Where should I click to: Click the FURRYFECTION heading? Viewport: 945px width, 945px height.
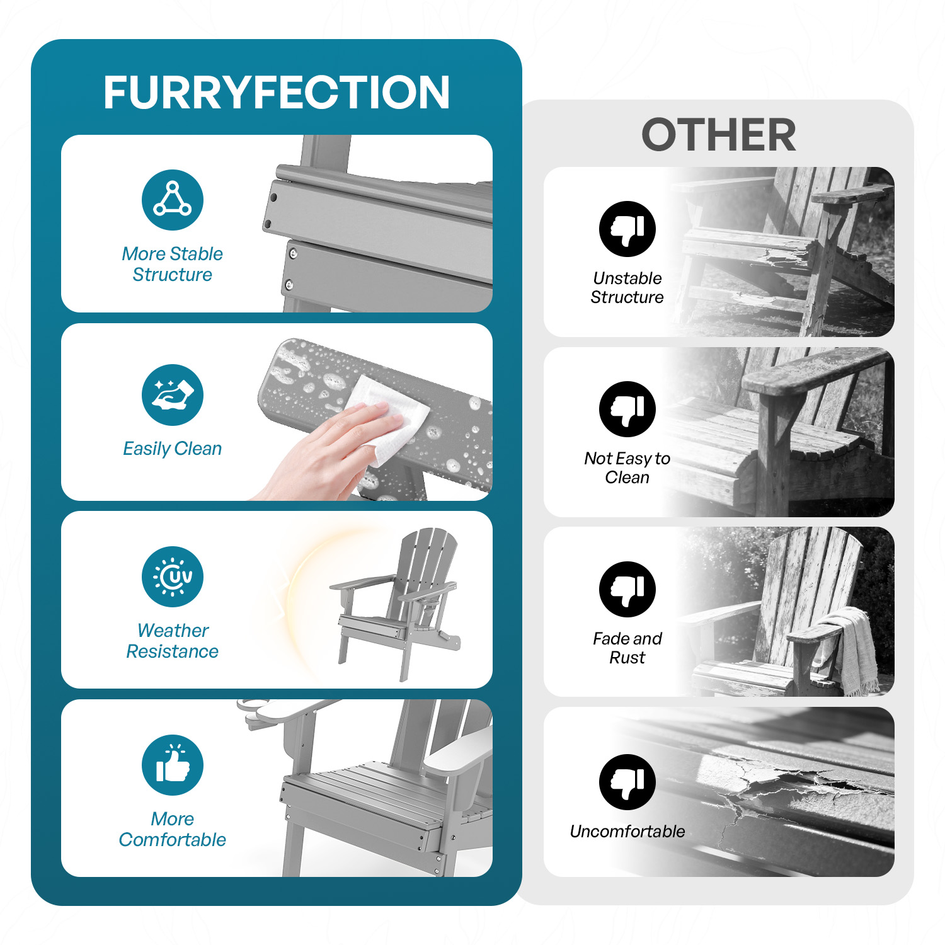(277, 93)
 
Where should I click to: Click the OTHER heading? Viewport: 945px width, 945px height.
(719, 135)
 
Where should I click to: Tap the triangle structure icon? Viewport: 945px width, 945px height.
(173, 200)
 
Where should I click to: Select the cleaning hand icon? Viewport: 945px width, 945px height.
(173, 395)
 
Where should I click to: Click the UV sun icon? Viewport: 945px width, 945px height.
(173, 576)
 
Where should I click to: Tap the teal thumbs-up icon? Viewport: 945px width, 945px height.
(173, 765)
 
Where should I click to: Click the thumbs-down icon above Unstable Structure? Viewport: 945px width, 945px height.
(627, 229)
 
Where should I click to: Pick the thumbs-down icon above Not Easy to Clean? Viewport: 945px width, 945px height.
(627, 409)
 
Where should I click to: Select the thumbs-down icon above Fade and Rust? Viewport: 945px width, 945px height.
(627, 589)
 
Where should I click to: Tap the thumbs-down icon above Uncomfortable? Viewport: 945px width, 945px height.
(627, 782)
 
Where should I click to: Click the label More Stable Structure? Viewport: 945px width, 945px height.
(173, 264)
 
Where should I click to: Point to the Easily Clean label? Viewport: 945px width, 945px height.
(173, 449)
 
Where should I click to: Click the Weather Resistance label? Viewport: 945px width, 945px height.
(173, 641)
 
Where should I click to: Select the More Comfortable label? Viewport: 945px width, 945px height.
(173, 829)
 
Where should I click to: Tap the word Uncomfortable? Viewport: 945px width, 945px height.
(627, 832)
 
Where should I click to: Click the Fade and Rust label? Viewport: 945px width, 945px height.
(627, 648)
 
